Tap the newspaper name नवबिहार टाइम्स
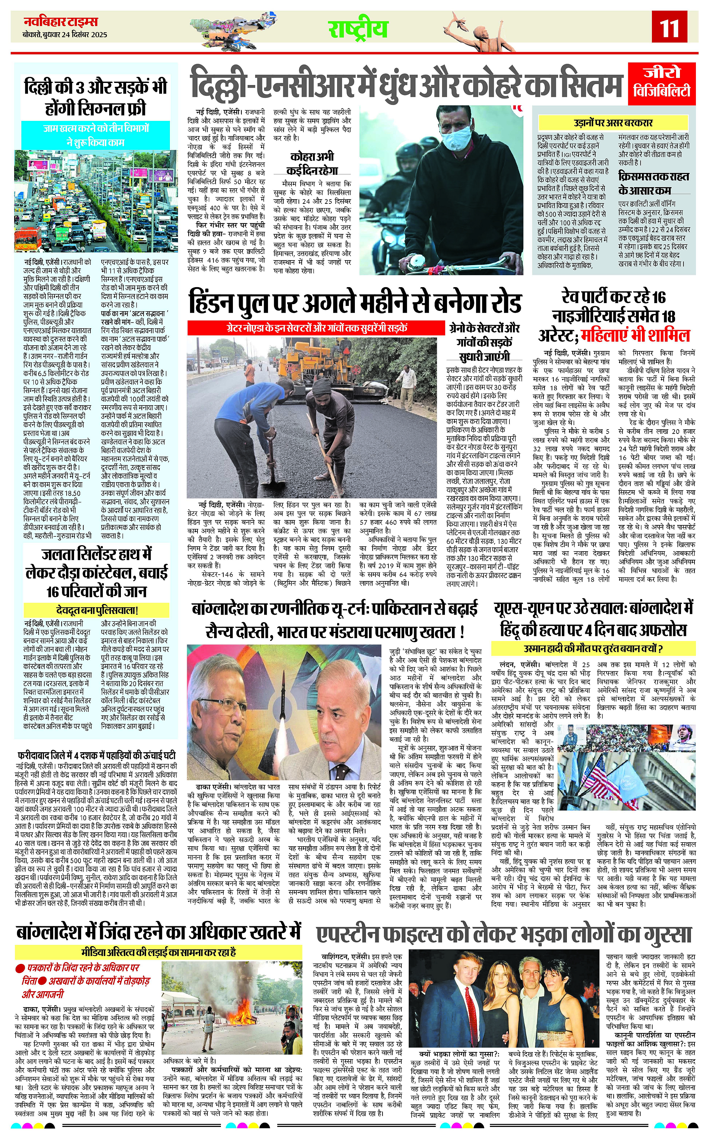click(61, 22)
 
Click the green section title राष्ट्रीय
click(358, 29)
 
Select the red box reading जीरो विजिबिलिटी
click(661, 83)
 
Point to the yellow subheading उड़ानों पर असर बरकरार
click(613, 123)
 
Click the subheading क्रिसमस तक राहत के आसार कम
click(653, 183)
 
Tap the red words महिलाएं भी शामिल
click(635, 336)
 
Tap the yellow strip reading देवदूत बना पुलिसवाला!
click(96, 610)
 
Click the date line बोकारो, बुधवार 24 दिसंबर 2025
click(65, 35)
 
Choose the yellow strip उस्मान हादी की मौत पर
click(593, 649)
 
